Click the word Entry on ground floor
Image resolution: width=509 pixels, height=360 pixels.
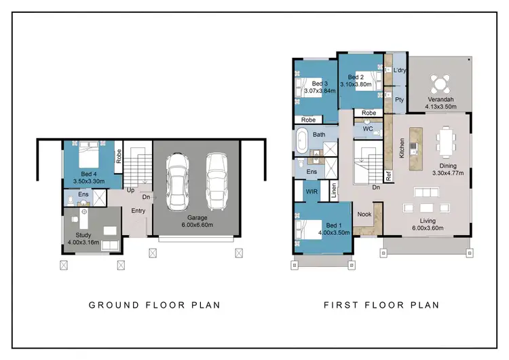[138, 211]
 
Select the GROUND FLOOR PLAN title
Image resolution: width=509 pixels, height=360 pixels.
[154, 305]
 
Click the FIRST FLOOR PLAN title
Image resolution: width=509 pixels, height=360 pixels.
[381, 305]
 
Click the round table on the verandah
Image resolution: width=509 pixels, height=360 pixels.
[440, 84]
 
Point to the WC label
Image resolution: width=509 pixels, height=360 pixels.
[368, 128]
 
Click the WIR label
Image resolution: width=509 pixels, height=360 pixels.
[311, 192]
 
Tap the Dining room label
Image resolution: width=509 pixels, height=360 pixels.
[447, 168]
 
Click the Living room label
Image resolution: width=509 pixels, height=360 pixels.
[428, 224]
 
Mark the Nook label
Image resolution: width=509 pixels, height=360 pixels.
[364, 215]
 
